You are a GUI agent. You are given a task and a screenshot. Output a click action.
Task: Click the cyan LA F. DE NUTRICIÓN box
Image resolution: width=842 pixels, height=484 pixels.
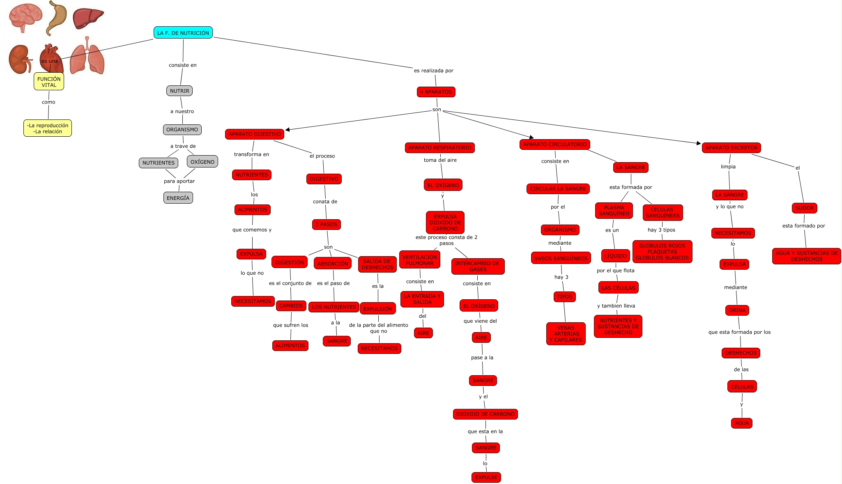click(x=183, y=33)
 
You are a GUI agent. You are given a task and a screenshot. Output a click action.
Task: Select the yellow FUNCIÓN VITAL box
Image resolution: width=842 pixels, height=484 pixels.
click(x=49, y=82)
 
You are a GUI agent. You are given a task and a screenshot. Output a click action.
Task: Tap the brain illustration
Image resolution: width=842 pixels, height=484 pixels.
click(x=25, y=17)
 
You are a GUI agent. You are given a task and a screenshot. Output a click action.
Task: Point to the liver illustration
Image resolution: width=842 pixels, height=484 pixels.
click(x=88, y=18)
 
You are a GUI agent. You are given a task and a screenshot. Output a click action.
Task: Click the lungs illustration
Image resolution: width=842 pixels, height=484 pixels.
click(x=87, y=57)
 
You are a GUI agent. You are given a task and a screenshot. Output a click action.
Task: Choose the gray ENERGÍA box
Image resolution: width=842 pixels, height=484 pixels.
click(x=178, y=198)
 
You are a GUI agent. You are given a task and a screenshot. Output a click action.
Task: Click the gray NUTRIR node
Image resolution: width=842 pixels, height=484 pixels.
click(x=179, y=91)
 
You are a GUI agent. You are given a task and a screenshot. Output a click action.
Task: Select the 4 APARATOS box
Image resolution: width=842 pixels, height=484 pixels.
click(x=436, y=92)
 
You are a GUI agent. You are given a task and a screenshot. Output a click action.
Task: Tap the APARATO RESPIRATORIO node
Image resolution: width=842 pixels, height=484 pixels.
click(x=439, y=148)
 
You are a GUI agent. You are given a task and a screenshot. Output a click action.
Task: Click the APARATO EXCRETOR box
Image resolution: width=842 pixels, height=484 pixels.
click(x=731, y=148)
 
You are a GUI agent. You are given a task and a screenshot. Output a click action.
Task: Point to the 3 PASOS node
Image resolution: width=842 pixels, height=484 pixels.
click(x=326, y=225)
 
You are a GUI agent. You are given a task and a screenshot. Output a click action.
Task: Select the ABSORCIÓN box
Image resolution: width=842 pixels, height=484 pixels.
click(x=333, y=264)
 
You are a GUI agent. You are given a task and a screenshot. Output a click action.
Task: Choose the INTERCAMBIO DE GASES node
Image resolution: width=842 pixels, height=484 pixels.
click(x=477, y=266)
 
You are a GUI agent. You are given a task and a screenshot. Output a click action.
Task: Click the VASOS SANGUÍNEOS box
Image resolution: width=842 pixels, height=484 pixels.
click(x=561, y=258)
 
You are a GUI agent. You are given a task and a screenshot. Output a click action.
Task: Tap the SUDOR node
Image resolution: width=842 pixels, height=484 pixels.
click(x=804, y=208)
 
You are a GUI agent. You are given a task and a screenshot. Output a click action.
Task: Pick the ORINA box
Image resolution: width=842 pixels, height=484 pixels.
click(x=737, y=310)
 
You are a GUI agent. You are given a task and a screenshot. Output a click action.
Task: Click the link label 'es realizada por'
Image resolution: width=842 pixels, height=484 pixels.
click(x=433, y=71)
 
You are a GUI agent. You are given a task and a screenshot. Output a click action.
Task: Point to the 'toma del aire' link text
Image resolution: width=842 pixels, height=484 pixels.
click(x=440, y=160)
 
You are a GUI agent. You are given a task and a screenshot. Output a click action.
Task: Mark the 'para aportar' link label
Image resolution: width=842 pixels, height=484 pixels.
click(x=179, y=181)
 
